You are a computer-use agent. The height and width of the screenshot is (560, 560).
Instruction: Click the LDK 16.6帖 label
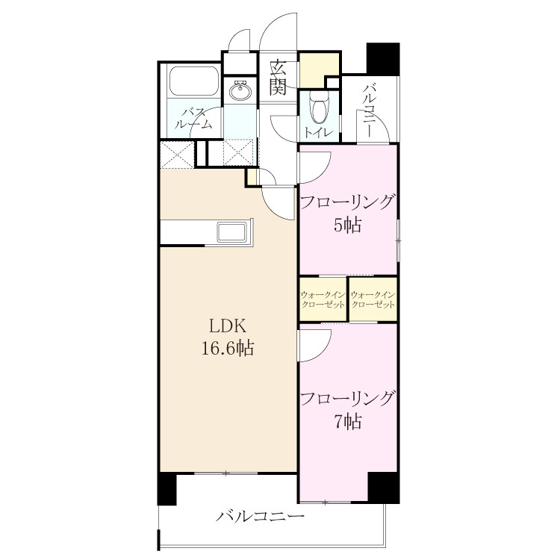[228, 337]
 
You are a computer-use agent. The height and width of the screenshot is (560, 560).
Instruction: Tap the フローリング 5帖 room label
[348, 214]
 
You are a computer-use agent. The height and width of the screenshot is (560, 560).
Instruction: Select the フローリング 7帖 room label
[348, 410]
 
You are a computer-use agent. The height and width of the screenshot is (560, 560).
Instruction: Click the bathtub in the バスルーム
[194, 81]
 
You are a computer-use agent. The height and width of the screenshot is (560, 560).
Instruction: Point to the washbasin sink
[240, 90]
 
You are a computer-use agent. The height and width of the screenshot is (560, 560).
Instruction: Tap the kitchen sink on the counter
[231, 231]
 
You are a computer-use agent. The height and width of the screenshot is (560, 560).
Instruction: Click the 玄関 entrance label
[278, 78]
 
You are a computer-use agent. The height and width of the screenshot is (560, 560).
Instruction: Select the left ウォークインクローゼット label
[323, 300]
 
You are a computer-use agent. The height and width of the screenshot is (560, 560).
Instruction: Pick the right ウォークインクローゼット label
[373, 300]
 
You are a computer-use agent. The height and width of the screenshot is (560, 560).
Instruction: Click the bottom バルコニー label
[260, 516]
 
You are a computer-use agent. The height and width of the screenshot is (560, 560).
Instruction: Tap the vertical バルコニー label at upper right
[369, 111]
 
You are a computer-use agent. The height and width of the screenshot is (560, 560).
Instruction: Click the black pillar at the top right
[383, 59]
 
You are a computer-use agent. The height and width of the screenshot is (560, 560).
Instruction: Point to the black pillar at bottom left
[167, 488]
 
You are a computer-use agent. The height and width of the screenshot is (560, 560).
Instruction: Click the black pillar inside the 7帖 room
[384, 488]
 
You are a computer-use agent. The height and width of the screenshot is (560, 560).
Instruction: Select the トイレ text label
[319, 133]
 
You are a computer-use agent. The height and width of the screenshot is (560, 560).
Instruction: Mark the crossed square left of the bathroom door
[177, 155]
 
